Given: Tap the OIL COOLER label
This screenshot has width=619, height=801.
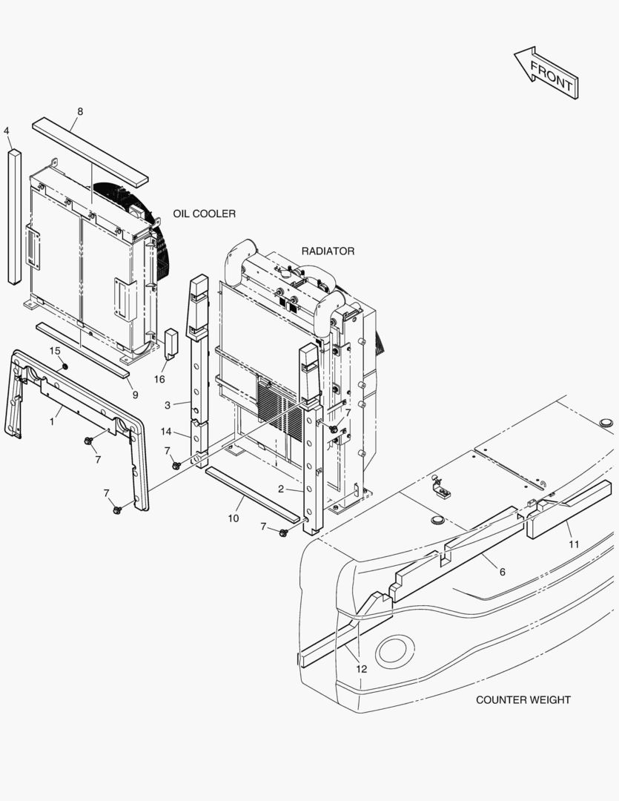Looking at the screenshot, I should point(204,214).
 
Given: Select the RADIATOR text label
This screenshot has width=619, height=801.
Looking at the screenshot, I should point(328,251).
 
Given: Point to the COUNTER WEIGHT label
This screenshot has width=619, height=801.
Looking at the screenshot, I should point(523,699).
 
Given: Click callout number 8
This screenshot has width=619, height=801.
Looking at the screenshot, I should point(80,112).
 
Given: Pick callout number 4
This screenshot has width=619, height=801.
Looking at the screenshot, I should point(7,131).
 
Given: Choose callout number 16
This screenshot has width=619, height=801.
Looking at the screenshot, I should point(159,380).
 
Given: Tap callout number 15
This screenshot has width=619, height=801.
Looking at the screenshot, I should point(55,350).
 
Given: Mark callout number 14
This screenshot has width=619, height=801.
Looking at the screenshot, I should point(165,432).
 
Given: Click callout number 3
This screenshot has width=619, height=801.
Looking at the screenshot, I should point(168,405).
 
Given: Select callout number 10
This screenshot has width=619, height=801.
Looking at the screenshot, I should point(234,518).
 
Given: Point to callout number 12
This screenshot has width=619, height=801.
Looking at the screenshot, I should point(361,668).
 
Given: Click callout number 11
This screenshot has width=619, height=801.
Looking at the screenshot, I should point(574,544).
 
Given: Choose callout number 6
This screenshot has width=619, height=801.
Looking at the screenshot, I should point(502,571).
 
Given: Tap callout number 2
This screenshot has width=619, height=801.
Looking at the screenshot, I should point(281,489).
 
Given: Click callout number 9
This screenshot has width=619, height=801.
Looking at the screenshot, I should point(135,395).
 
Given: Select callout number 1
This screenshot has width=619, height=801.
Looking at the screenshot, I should point(51,421).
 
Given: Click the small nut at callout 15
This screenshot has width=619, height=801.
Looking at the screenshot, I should point(65,366).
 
